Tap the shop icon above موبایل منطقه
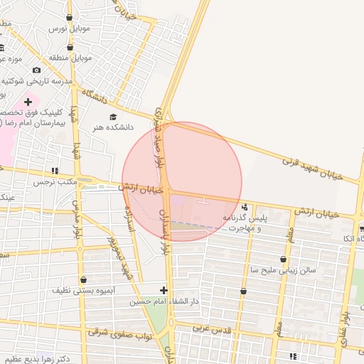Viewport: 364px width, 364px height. coord(70,43)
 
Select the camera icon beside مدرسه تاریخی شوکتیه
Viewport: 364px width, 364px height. coord(37,70)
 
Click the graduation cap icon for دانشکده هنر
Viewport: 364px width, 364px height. coord(112,117)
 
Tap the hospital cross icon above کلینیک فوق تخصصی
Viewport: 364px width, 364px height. coord(28,102)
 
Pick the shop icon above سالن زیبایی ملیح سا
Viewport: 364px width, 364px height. coord(285,259)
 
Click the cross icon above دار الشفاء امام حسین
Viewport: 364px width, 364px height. coord(164,290)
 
